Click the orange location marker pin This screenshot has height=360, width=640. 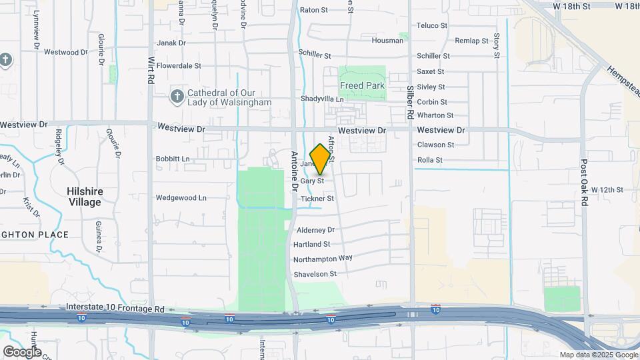coord(321,159)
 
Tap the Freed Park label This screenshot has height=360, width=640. coord(362,86)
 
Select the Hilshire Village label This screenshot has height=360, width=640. coord(85,196)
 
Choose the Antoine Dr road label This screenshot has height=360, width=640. coord(295,171)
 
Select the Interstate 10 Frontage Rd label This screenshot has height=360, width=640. coord(115,308)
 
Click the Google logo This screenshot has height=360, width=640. coord(21,351)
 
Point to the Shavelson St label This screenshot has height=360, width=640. coord(315,274)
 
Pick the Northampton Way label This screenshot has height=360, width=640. coord(323,258)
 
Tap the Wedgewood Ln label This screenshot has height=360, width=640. coord(181,198)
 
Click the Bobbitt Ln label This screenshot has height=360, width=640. coord(173,159)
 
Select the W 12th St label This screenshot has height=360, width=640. coord(606,190)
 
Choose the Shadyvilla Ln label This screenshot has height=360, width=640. coord(322,99)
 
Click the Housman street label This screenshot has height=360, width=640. coord(387,41)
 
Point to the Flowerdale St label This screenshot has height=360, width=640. coord(179,66)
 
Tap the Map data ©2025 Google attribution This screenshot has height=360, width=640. coord(597,355)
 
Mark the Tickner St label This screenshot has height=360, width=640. coord(317,199)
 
